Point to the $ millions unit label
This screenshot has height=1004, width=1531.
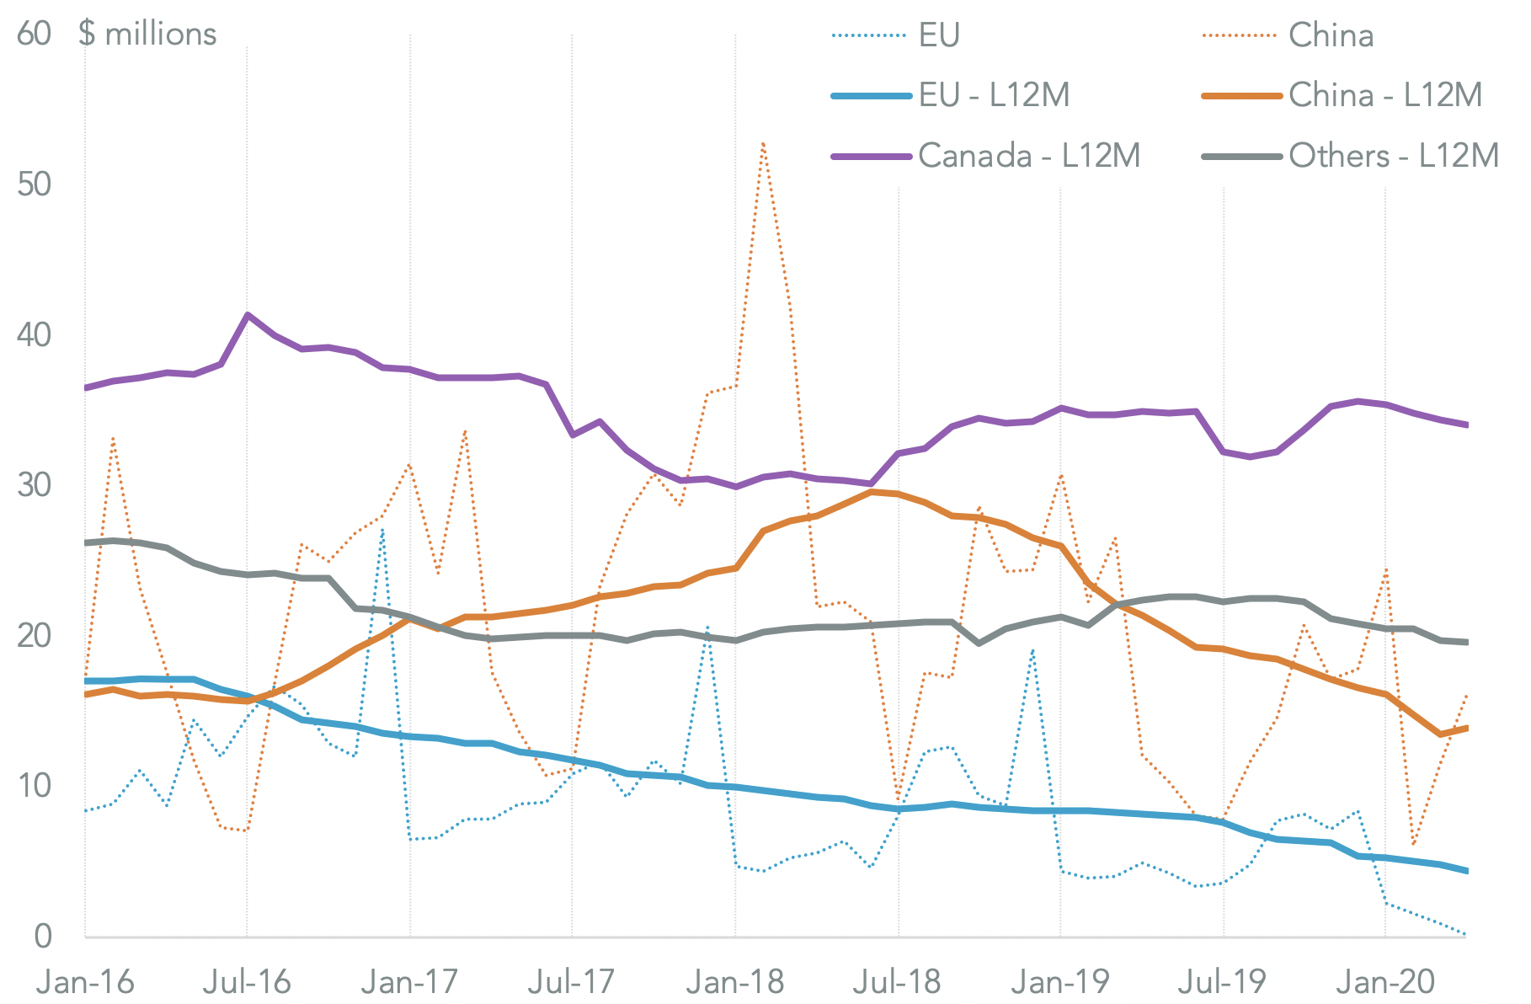(x=147, y=34)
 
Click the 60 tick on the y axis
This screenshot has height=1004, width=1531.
(x=34, y=34)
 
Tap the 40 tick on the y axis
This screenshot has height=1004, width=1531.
(x=34, y=335)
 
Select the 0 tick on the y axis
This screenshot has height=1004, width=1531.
(x=42, y=936)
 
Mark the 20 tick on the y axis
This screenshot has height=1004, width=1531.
(x=34, y=635)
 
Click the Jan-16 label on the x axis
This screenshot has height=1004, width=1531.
(x=85, y=981)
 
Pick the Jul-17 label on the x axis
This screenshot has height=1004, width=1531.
(x=573, y=981)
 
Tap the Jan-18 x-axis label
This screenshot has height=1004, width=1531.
(x=735, y=981)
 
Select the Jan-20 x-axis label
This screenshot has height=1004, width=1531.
(x=1385, y=981)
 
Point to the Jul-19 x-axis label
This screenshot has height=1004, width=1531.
(x=1223, y=981)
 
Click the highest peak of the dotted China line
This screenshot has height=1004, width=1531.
(x=763, y=143)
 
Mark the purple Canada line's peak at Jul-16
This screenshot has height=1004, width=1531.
(x=247, y=315)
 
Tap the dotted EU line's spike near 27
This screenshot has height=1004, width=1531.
(x=382, y=530)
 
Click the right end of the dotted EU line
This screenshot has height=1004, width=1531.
(x=1466, y=934)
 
